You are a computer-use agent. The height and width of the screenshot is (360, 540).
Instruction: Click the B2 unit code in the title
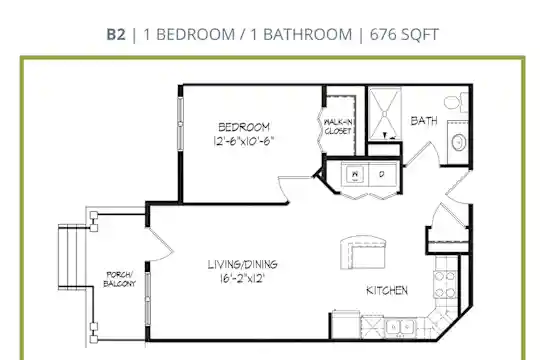click(116, 34)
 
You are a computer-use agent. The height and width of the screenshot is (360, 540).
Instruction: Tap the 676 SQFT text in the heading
click(404, 34)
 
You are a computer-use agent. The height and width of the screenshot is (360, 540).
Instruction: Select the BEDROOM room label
click(244, 127)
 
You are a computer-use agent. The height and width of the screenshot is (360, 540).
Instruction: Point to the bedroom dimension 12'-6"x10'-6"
click(244, 141)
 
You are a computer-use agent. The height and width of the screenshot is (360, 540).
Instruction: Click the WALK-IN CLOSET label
click(338, 126)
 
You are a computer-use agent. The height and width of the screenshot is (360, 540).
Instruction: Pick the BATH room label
click(424, 121)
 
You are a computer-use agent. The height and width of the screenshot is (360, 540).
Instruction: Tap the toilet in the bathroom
click(456, 102)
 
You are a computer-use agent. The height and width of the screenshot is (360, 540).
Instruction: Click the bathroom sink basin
click(459, 142)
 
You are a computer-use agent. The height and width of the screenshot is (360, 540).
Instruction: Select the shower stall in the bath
click(385, 114)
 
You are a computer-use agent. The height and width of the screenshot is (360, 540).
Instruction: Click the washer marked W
click(355, 174)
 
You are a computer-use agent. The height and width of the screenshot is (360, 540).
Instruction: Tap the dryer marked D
click(382, 174)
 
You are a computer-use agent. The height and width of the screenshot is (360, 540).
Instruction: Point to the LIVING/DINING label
click(242, 265)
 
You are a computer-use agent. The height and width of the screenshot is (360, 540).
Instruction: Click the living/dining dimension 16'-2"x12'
click(242, 278)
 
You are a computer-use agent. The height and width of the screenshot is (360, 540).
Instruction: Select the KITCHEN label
click(387, 290)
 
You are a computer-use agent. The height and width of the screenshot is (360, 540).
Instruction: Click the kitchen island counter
click(363, 252)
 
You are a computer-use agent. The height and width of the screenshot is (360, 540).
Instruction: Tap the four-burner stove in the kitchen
click(445, 284)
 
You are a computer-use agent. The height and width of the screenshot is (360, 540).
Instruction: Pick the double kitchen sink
click(399, 327)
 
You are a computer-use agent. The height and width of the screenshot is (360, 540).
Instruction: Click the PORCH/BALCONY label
click(120, 279)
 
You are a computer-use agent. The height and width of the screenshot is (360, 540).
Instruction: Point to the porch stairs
click(72, 256)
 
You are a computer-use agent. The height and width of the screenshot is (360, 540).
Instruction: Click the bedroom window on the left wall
click(180, 123)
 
